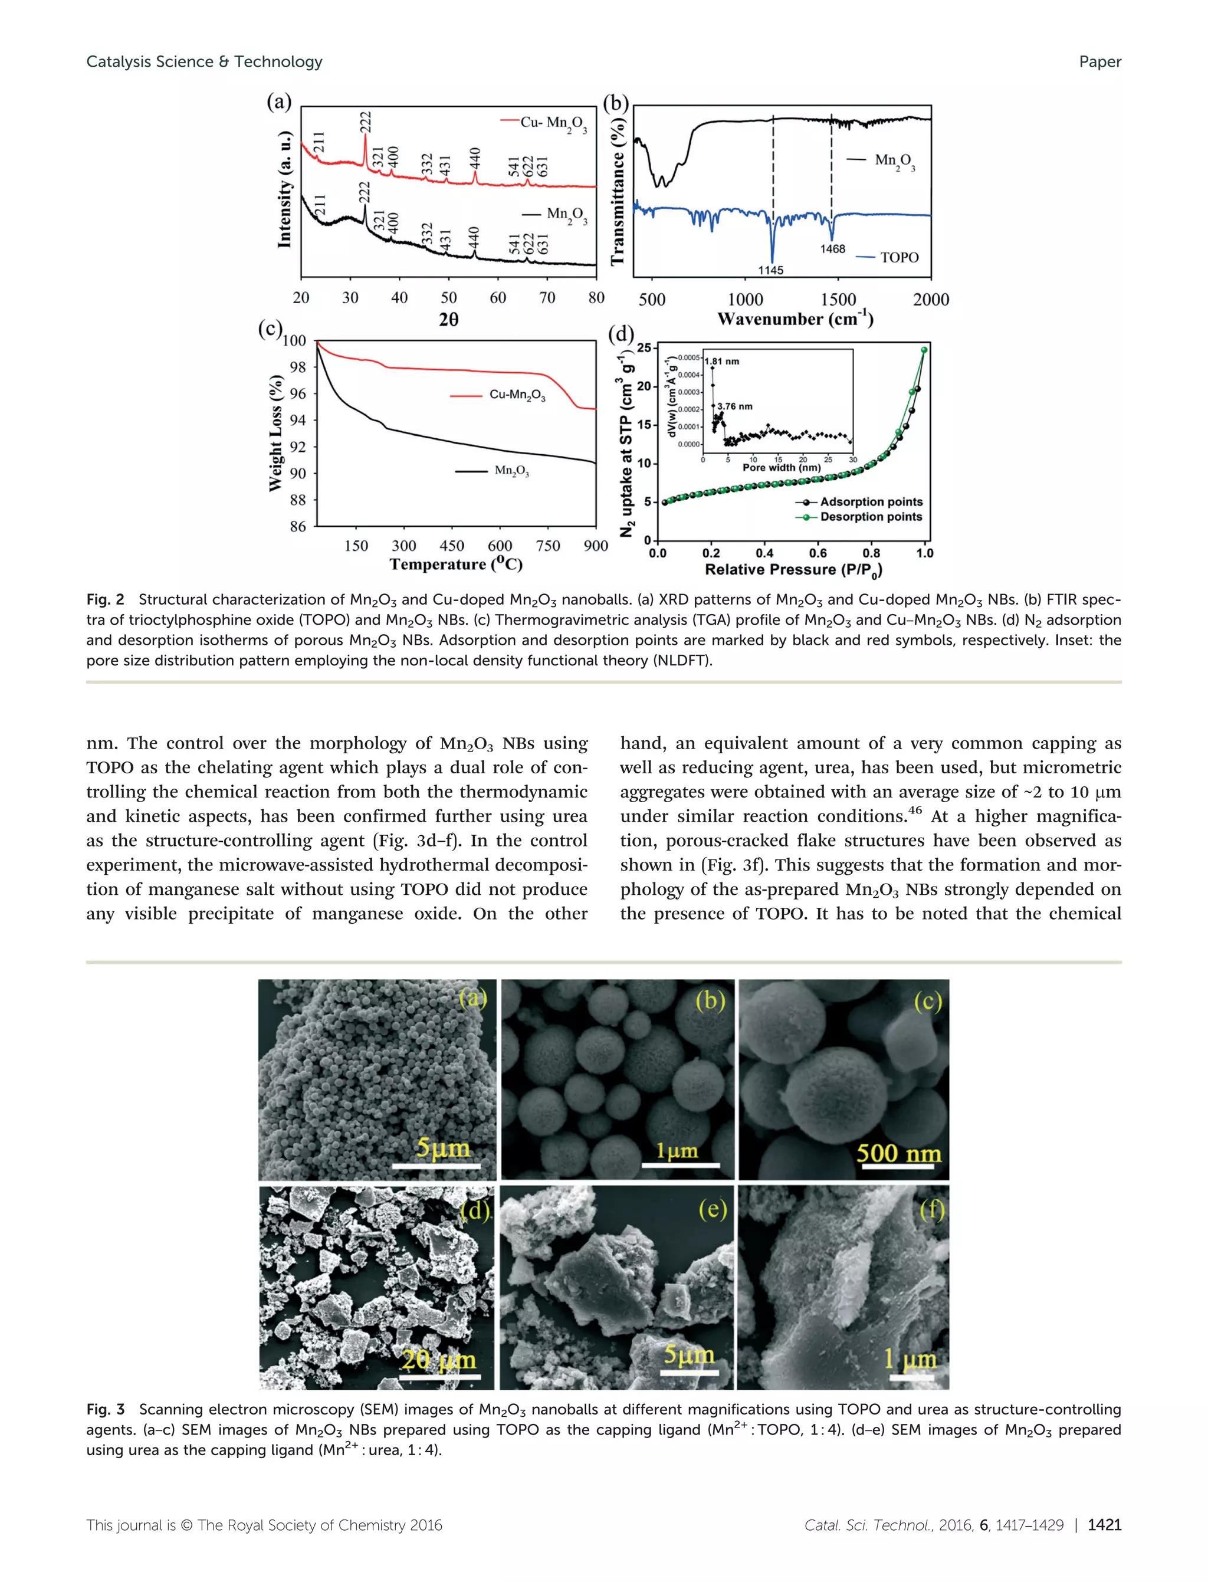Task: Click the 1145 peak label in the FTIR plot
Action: click(770, 270)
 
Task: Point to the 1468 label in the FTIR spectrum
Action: click(833, 249)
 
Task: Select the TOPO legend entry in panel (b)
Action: click(899, 257)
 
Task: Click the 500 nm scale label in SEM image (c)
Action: click(898, 1153)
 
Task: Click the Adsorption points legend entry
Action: click(871, 502)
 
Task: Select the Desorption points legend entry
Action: click(871, 517)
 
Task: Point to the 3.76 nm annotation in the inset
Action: click(735, 406)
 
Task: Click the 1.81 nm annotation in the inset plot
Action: click(723, 361)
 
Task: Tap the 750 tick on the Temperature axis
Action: click(548, 546)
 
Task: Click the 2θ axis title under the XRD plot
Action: click(449, 319)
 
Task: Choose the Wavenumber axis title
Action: click(795, 319)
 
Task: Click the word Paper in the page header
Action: click(1099, 62)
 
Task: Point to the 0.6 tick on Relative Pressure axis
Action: click(818, 553)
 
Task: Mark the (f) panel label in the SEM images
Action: click(932, 1210)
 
